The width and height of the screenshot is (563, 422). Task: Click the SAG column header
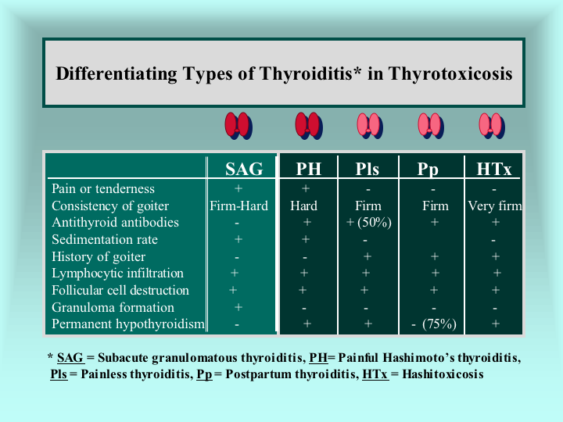coord(244,169)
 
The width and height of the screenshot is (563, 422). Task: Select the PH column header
coord(308,169)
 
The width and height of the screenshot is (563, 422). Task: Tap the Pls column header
coord(368,169)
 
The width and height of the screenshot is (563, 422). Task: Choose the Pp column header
coord(428,170)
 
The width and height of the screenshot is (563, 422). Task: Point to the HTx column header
coord(493,169)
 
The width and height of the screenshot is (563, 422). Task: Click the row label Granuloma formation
coord(113,308)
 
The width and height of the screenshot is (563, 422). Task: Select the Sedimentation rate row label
coord(105,239)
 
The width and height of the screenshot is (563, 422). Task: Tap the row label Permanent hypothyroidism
coord(127,324)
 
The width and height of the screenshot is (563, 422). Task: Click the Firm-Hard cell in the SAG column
coord(238,206)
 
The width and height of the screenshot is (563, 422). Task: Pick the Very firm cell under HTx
coord(495,206)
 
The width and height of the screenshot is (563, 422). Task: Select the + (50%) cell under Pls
coord(369,223)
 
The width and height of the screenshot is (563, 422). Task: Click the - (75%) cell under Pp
coord(434,324)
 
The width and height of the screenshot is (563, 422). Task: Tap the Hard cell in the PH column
coord(303,206)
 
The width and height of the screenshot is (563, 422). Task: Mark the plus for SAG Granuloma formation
coord(238,307)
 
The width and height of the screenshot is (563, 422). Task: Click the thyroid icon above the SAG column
coord(238,126)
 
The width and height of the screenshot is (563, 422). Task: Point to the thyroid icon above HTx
coord(492,126)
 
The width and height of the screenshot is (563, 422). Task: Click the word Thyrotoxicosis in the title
coord(450,73)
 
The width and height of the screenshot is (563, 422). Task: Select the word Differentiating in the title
coord(117,74)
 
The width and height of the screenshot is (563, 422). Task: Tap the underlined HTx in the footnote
coord(375,374)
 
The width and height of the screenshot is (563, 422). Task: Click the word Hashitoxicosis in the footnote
coord(443,374)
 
